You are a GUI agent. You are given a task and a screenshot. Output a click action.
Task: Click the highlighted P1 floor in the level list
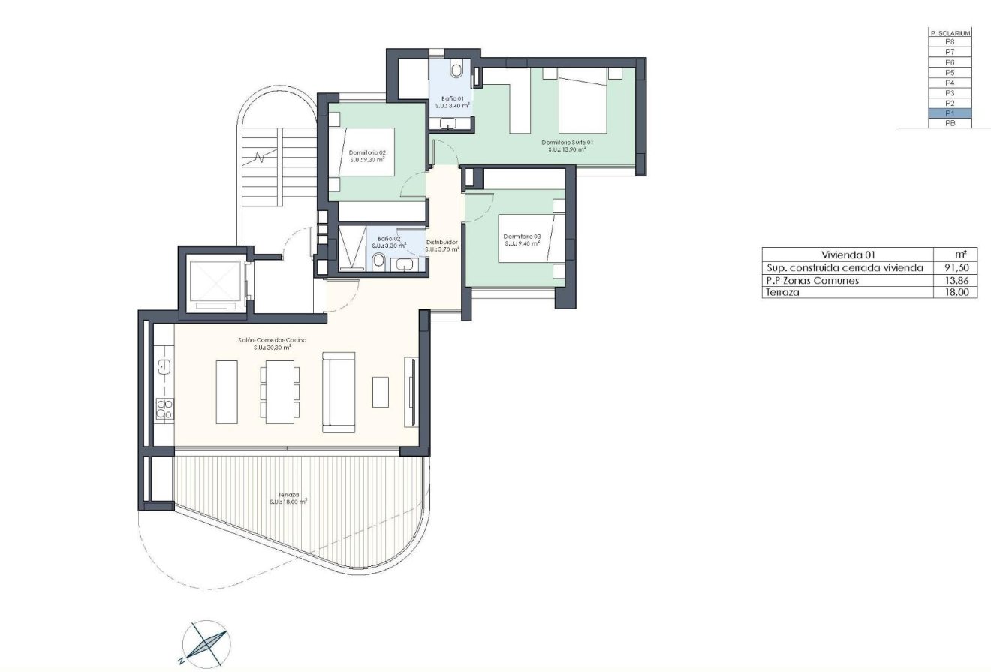950,113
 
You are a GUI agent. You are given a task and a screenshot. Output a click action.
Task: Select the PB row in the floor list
950,123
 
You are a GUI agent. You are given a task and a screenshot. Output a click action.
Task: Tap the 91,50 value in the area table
955,268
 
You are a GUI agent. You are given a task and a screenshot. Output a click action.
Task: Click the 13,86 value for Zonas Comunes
955,280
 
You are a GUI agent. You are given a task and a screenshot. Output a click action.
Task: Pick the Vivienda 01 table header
848,255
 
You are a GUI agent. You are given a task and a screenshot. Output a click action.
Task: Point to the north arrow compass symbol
206,644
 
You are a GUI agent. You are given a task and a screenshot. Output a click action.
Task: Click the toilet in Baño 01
456,70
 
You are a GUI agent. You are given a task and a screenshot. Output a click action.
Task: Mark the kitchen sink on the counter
164,366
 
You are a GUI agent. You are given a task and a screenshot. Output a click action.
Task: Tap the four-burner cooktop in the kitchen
164,409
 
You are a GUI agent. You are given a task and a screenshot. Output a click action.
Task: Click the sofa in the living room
339,392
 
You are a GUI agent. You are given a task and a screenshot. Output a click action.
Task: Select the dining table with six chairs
280,392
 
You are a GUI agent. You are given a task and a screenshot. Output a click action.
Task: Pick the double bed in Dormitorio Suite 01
583,100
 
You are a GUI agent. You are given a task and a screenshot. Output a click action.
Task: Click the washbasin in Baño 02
405,264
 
